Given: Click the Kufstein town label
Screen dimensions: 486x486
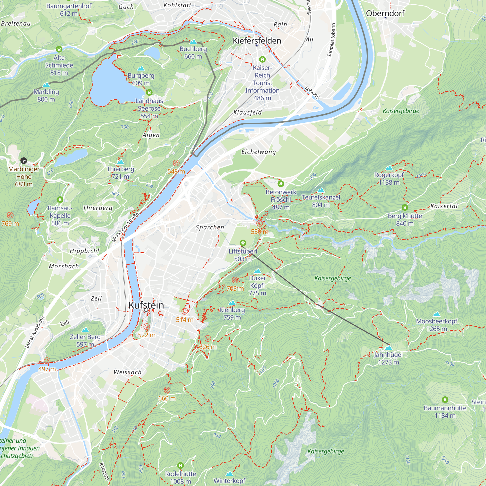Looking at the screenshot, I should [x=146, y=305].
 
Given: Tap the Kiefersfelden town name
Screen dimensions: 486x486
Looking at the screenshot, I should [x=257, y=41].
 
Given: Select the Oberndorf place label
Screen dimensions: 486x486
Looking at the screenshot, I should [x=385, y=13].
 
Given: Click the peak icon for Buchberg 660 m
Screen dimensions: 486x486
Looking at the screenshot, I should [x=193, y=42].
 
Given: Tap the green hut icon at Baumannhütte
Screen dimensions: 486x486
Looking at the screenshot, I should [x=445, y=399].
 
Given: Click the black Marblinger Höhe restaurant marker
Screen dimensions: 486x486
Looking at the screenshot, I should [x=24, y=160].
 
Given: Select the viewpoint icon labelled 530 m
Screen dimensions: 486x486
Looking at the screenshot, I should [x=259, y=223].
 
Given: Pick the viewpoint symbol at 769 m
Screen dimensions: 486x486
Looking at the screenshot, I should [x=10, y=215].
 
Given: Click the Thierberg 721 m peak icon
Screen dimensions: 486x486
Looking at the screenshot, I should [x=121, y=162].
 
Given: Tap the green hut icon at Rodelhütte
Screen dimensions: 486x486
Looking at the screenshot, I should [x=180, y=465].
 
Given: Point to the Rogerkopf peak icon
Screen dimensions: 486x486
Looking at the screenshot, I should [x=389, y=168].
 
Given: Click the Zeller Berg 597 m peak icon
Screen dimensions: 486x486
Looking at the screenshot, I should [x=85, y=330].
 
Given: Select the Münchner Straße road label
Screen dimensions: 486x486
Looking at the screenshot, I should [x=125, y=227].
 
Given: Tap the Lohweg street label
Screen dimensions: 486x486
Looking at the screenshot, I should [x=312, y=92].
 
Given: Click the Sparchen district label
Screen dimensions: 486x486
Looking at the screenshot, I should [x=210, y=227].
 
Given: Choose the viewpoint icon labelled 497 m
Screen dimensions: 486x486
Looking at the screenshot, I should [x=47, y=361].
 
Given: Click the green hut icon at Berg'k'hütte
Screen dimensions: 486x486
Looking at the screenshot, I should [x=405, y=208].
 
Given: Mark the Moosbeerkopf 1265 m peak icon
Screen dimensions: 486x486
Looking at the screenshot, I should [x=436, y=314].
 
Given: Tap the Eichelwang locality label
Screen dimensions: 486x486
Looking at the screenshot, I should [x=258, y=152].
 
